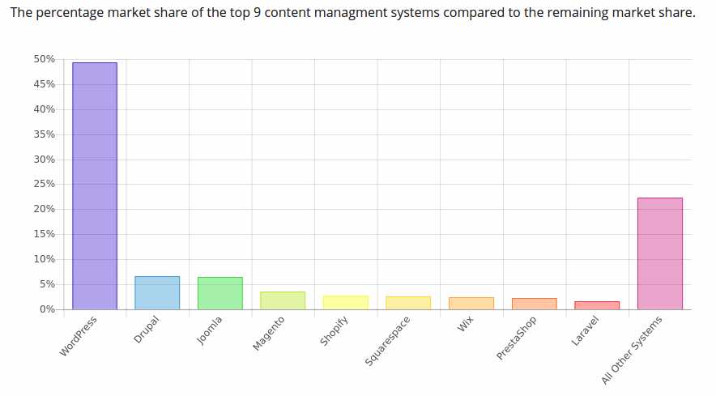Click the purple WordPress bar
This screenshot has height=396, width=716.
(95, 185)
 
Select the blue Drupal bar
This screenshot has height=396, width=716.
(157, 292)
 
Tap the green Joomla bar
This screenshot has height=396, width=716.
(219, 293)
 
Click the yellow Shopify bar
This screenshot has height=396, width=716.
(345, 302)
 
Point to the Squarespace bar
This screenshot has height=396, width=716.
(408, 303)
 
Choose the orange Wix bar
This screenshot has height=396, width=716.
(471, 303)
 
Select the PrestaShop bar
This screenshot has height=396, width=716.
(534, 304)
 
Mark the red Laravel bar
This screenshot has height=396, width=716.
(597, 305)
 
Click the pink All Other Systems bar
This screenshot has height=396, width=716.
(659, 253)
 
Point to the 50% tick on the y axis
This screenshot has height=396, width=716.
(45, 59)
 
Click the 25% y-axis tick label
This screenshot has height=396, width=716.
(45, 184)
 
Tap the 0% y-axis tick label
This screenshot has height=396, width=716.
(47, 309)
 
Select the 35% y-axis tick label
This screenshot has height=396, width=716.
(45, 134)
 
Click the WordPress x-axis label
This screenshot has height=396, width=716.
(79, 336)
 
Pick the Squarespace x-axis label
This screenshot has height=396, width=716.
(388, 341)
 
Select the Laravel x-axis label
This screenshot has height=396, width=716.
(585, 331)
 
